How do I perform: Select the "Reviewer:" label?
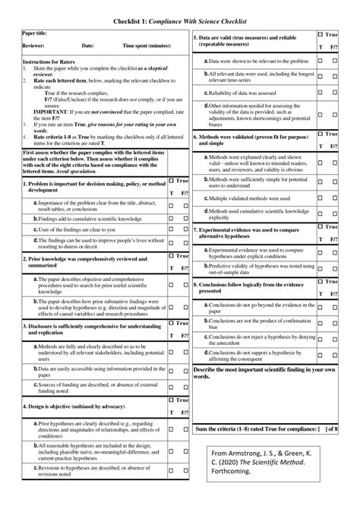pyautogui.click(x=34, y=46)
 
